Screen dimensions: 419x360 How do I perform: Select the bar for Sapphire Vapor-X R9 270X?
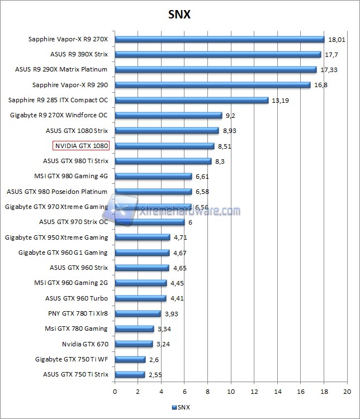point(219,39)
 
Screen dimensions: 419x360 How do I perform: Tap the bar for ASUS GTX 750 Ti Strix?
point(130,374)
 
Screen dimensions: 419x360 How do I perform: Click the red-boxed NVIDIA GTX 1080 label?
point(80,146)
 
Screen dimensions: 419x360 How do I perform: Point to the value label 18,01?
point(335,40)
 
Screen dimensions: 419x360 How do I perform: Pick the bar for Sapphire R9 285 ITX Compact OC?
point(191,101)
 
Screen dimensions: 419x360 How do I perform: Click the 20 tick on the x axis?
point(347,391)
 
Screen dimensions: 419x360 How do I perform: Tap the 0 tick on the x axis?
point(115,391)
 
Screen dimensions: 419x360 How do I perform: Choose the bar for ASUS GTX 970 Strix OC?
point(150,222)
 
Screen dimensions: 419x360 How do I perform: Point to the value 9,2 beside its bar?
point(230,116)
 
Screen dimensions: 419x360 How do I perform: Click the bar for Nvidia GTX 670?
point(134,344)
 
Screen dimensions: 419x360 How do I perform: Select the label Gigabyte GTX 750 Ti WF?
point(72,359)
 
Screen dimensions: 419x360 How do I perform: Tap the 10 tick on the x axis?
point(231,391)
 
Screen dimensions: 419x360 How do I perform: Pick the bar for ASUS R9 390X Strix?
point(217,55)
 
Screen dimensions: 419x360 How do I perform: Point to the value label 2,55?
point(155,374)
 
